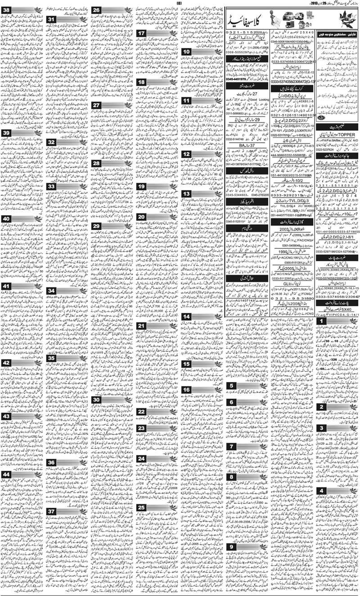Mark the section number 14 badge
tap(186, 317)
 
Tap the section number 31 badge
tap(52, 19)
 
